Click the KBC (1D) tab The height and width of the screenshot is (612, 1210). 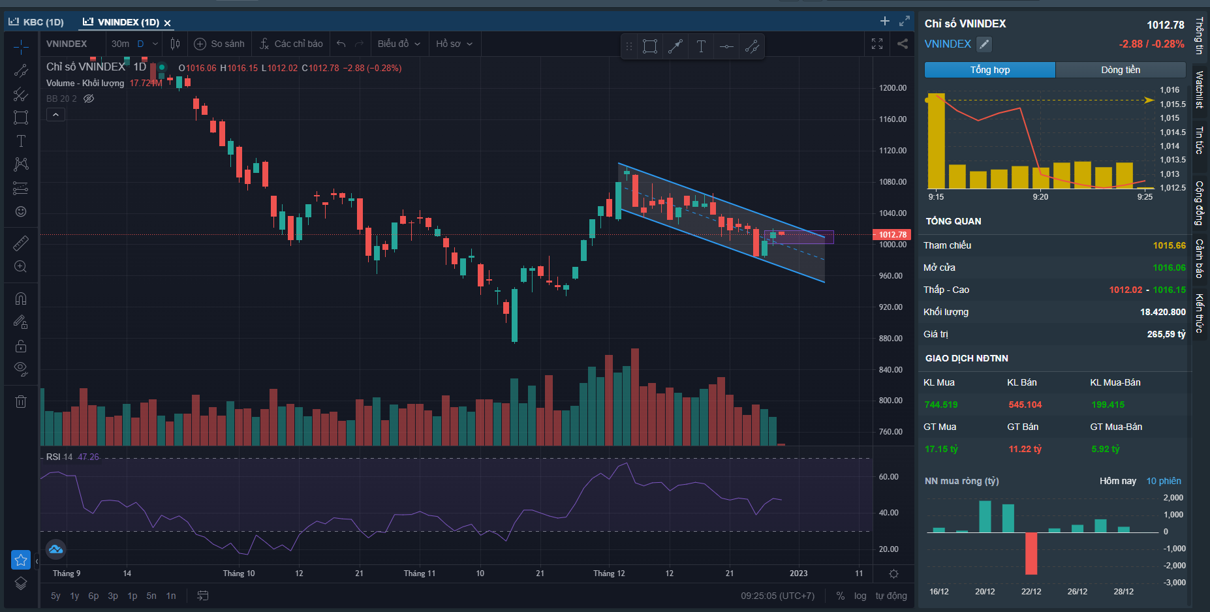37,22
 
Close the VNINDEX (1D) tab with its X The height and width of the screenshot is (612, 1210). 168,23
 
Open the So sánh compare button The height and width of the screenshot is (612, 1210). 219,44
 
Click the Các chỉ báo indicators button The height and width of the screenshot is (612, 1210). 291,44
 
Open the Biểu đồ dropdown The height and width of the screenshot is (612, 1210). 399,44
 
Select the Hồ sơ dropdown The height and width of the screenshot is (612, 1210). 454,44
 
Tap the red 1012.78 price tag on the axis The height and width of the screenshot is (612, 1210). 892,234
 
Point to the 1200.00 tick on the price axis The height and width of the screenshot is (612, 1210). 892,87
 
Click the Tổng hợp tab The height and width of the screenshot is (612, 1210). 989,70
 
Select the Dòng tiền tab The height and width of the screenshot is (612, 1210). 1121,70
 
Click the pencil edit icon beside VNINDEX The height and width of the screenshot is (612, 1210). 984,44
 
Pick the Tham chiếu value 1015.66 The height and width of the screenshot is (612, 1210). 1169,245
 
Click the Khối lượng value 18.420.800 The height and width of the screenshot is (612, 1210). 1162,312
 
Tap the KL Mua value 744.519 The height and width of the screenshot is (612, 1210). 940,405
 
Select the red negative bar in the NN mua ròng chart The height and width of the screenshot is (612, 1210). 1031,553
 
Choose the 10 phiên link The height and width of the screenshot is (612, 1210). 1163,481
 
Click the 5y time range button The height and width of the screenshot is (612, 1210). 55,596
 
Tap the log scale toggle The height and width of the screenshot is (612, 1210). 860,596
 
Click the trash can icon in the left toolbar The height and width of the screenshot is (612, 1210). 21,401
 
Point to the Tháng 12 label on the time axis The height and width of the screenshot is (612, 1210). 608,574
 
